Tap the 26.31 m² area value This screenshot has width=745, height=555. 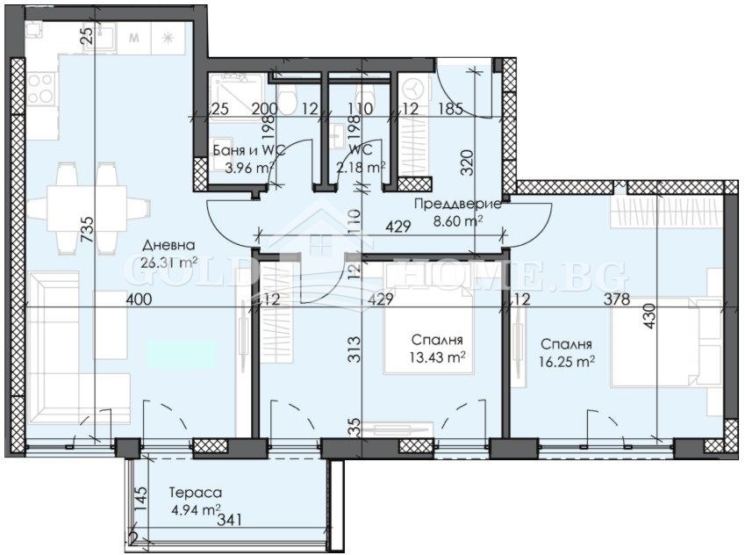[168, 262]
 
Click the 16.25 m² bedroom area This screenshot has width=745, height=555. [566, 359]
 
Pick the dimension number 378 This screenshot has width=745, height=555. [618, 299]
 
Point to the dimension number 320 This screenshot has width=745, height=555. [467, 160]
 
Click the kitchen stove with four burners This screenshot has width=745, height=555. [39, 89]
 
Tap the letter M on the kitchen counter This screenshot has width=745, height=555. [134, 38]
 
